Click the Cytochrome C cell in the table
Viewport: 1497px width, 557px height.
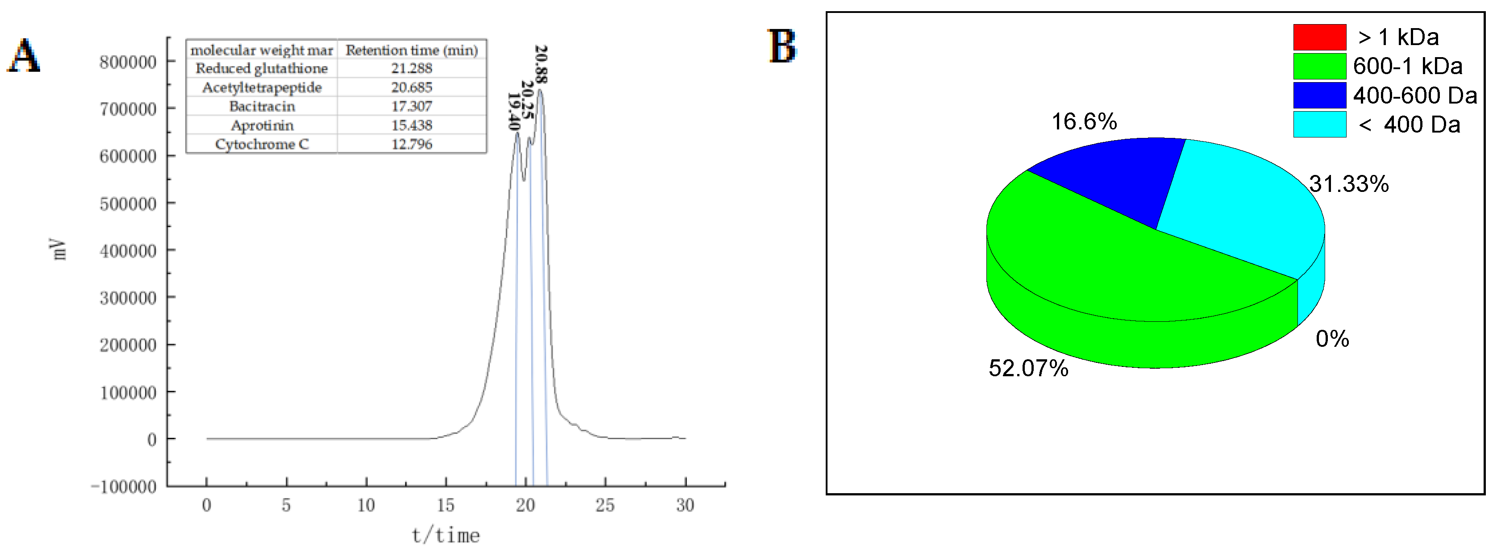tap(262, 144)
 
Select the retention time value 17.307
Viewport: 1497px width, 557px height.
tap(412, 106)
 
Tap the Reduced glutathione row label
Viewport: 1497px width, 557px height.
tap(262, 69)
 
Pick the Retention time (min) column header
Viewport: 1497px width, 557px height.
tap(412, 50)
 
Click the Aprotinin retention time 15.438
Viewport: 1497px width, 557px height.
tap(412, 125)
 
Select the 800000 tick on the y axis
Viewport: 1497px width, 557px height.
tap(128, 62)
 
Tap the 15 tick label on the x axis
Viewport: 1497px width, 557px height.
tap(446, 505)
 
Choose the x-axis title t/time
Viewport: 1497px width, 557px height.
tap(446, 536)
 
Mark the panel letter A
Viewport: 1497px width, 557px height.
tap(24, 56)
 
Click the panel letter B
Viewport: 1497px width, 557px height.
tap(782, 46)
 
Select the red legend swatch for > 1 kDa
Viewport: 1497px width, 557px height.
tap(1319, 37)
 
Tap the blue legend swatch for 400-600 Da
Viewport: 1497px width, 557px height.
tap(1319, 95)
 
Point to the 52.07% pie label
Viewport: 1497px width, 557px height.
tap(1028, 368)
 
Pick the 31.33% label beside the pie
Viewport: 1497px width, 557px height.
tap(1349, 184)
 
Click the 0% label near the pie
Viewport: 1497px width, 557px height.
tap(1332, 339)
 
